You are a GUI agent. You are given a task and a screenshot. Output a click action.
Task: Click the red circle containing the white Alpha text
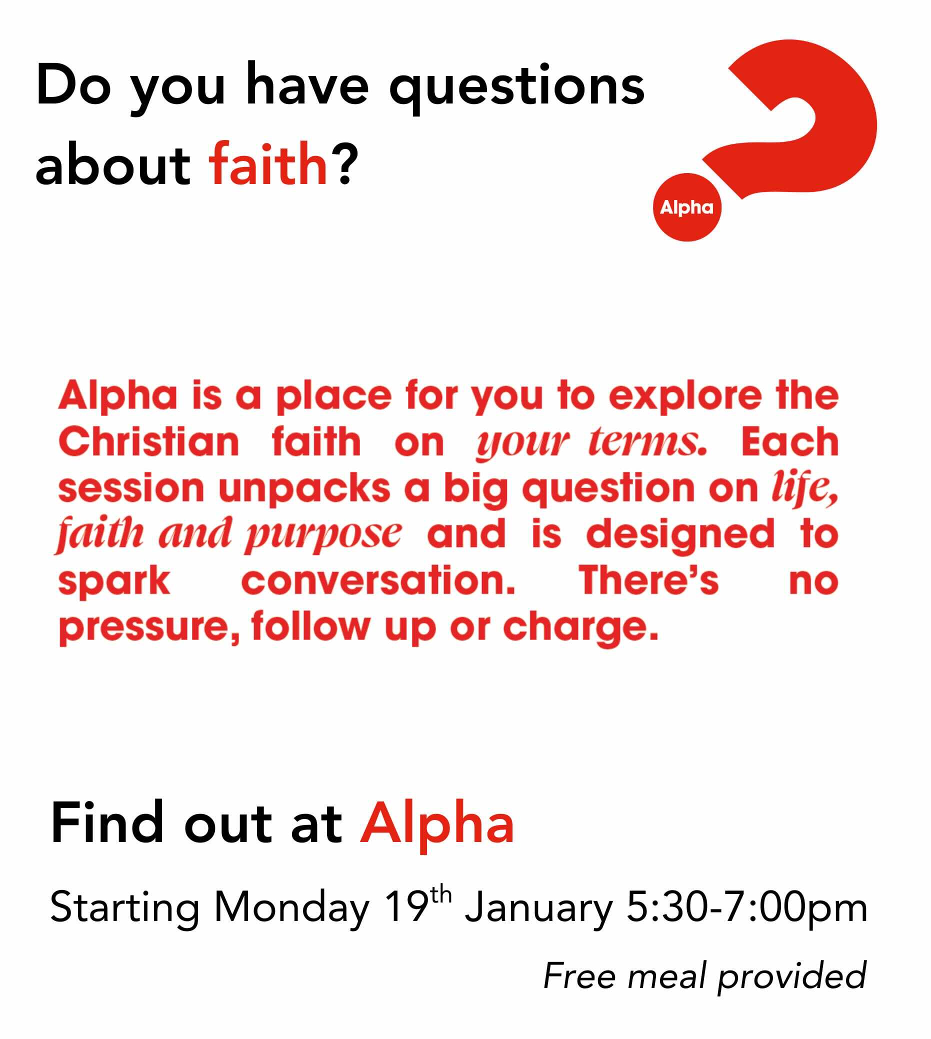pyautogui.click(x=686, y=207)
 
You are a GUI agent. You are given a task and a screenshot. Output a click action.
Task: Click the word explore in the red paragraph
pyautogui.click(x=685, y=396)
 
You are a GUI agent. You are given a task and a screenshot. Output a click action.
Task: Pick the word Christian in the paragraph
pyautogui.click(x=148, y=442)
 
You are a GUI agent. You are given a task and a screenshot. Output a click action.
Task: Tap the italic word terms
pyautogui.click(x=647, y=442)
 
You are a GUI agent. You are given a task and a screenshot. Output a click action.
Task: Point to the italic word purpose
pyautogui.click(x=323, y=534)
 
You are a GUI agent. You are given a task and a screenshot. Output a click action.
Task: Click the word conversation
pyautogui.click(x=378, y=581)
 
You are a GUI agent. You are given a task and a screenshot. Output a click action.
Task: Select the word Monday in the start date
pyautogui.click(x=291, y=908)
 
